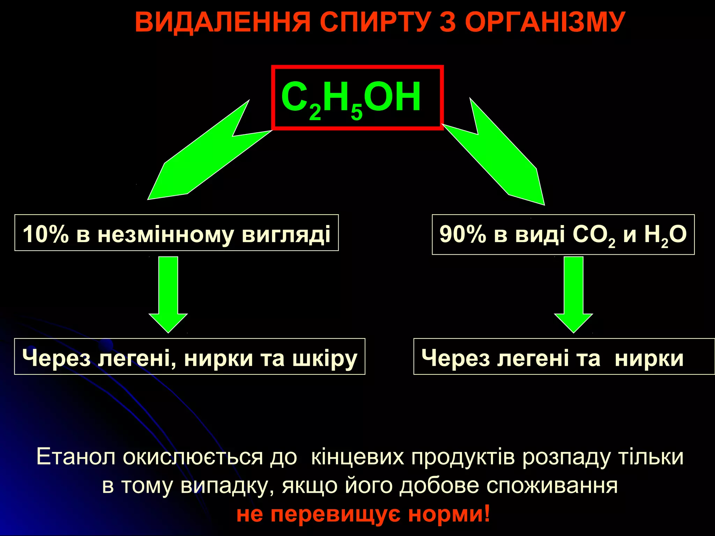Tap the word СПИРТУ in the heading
click(374, 22)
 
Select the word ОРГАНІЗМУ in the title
click(545, 22)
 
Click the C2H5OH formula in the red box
click(351, 98)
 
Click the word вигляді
click(286, 234)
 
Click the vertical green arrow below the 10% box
click(168, 293)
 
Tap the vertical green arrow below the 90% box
click(574, 293)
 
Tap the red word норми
click(449, 514)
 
